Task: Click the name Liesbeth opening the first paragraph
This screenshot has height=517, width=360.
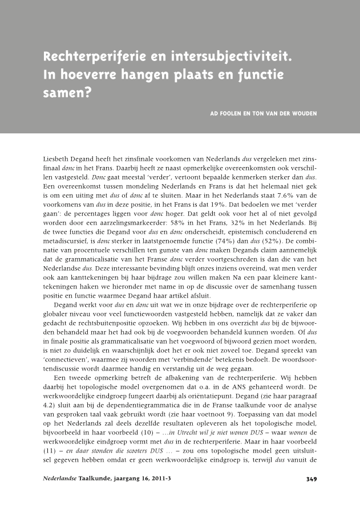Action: pos(58,157)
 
